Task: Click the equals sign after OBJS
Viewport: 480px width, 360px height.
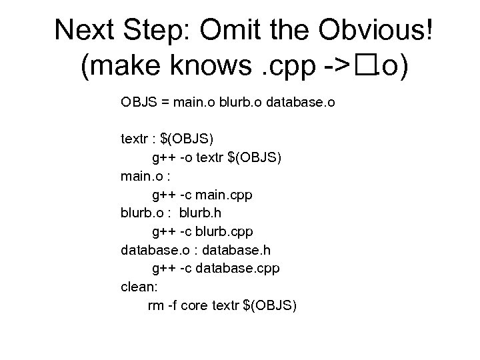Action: pos(164,103)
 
